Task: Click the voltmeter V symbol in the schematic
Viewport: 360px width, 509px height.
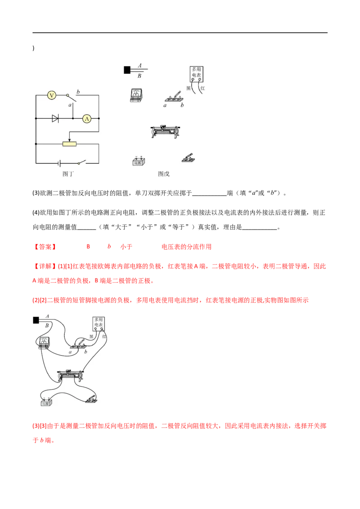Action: pyautogui.click(x=52, y=95)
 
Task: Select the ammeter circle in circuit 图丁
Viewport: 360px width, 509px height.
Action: pyautogui.click(x=86, y=119)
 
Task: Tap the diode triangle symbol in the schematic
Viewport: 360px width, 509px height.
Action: pyautogui.click(x=55, y=119)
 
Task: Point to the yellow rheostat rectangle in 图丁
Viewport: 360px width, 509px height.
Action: pyautogui.click(x=69, y=144)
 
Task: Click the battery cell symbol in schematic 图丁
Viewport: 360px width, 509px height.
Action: pyautogui.click(x=58, y=162)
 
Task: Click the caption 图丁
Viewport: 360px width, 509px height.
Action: pyautogui.click(x=68, y=174)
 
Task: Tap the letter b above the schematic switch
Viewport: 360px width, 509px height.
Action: pyautogui.click(x=78, y=92)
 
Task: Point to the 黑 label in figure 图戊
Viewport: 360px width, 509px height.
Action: pyautogui.click(x=189, y=88)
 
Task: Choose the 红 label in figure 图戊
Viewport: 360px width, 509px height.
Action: pyautogui.click(x=202, y=88)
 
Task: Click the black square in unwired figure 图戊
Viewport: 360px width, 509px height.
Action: pyautogui.click(x=127, y=70)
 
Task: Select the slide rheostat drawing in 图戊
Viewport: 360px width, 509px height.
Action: pyautogui.click(x=168, y=132)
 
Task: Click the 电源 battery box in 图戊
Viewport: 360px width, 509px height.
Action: pyautogui.click(x=138, y=161)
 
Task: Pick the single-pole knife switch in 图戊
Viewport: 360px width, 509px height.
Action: pyautogui.click(x=188, y=158)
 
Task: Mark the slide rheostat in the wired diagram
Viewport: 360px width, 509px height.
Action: pyautogui.click(x=71, y=375)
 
